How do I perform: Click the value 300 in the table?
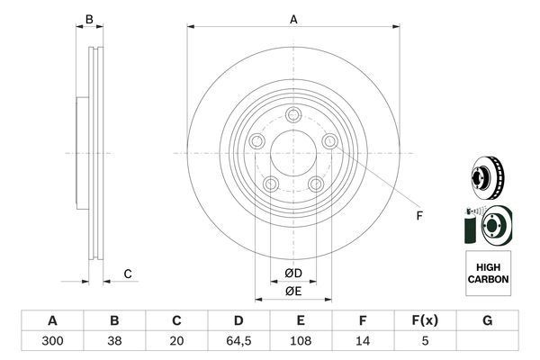52,341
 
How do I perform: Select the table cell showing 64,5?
238,341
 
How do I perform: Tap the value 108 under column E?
301,341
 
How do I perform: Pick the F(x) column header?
425,320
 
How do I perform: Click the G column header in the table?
487,320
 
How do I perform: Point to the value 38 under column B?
114,341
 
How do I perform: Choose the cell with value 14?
363,341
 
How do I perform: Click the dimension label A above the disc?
293,19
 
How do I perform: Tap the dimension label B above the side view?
89,19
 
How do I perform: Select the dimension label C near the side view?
128,274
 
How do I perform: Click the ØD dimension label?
293,274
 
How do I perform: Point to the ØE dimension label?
293,292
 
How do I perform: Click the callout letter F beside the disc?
419,216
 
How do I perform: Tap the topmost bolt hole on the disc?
293,115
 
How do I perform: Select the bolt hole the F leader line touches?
330,141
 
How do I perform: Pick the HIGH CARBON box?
488,274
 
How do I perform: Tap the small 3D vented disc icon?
487,178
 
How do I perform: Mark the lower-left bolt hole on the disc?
271,184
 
